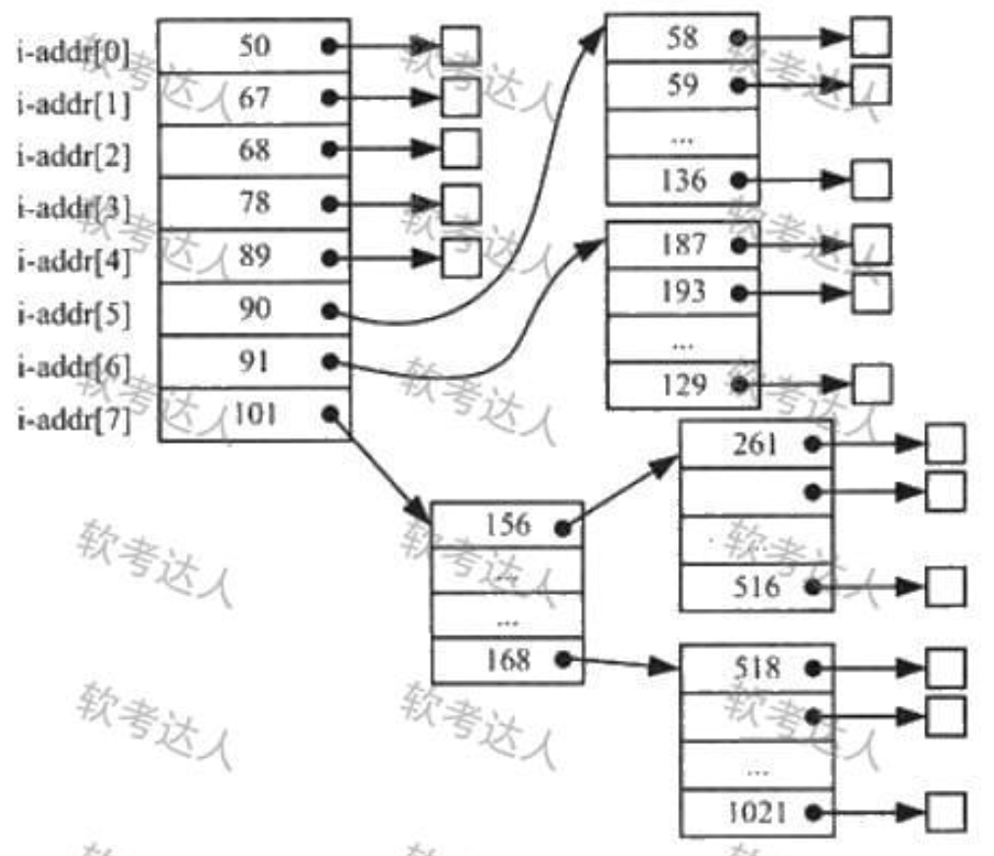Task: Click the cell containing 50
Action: [x=254, y=46]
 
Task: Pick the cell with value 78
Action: [x=254, y=204]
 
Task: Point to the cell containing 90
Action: [x=254, y=310]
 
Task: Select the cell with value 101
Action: [x=254, y=415]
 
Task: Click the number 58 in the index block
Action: [x=681, y=37]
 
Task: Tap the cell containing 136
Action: [x=681, y=181]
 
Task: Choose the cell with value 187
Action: [x=681, y=243]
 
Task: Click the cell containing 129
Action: [x=681, y=385]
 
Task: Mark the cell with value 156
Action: [x=507, y=525]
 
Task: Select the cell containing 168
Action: [x=507, y=660]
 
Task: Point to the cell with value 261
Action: [x=757, y=444]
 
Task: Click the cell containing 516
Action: [x=757, y=587]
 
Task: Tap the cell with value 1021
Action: [x=757, y=813]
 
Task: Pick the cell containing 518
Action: [x=757, y=669]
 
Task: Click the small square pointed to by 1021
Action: [x=946, y=813]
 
